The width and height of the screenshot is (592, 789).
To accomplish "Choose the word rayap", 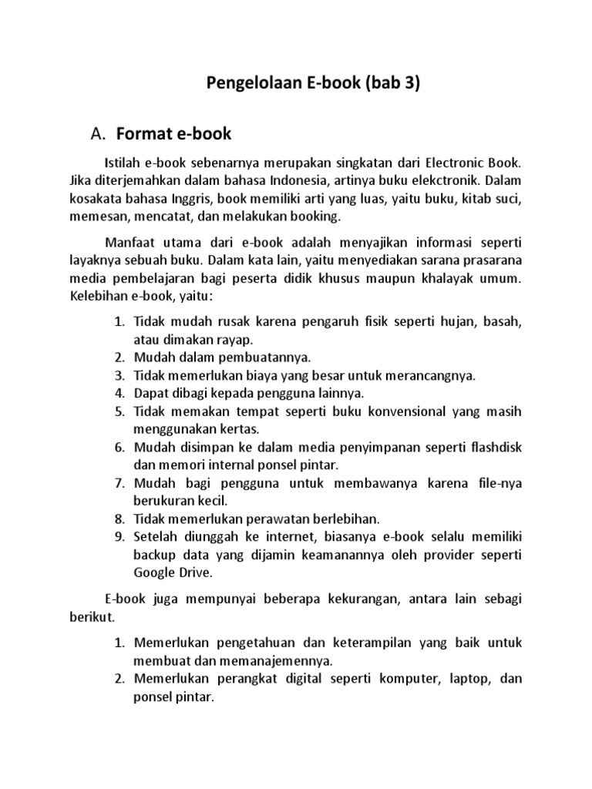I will click(x=235, y=339).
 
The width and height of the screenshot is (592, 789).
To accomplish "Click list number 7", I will click(x=119, y=484).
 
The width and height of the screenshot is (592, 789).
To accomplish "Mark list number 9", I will click(x=119, y=538).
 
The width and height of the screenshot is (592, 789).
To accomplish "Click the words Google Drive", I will click(x=172, y=573).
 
